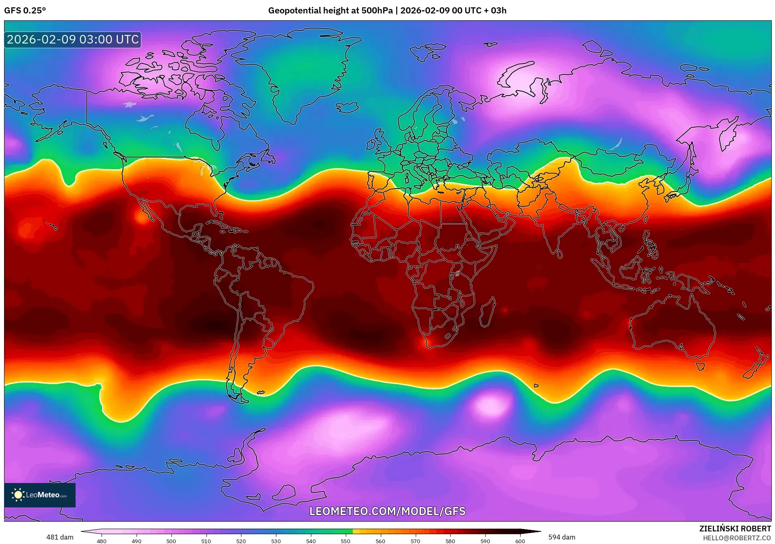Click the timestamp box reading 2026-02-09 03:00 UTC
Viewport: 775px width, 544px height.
(x=73, y=39)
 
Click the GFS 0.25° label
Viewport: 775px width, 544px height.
(x=25, y=11)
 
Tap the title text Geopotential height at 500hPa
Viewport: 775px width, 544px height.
(x=330, y=11)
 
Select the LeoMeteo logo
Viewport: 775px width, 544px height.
(x=40, y=495)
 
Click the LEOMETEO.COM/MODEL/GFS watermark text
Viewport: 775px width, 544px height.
(x=387, y=511)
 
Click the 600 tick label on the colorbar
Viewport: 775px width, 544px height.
(x=520, y=541)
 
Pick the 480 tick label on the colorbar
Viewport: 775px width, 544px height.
(x=102, y=541)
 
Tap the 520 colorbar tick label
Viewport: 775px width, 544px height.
(x=241, y=541)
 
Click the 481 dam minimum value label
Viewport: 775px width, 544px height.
(x=60, y=537)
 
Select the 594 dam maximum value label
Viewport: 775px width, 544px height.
(x=562, y=537)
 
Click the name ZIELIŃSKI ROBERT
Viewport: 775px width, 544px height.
(x=735, y=529)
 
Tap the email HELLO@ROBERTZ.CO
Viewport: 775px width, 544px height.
(x=736, y=538)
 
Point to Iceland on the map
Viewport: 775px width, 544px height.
(x=347, y=107)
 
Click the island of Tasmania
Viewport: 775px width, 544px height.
(x=700, y=366)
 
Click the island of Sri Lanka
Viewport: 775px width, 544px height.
(x=560, y=254)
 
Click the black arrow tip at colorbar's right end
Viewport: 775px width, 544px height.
(x=536, y=531)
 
